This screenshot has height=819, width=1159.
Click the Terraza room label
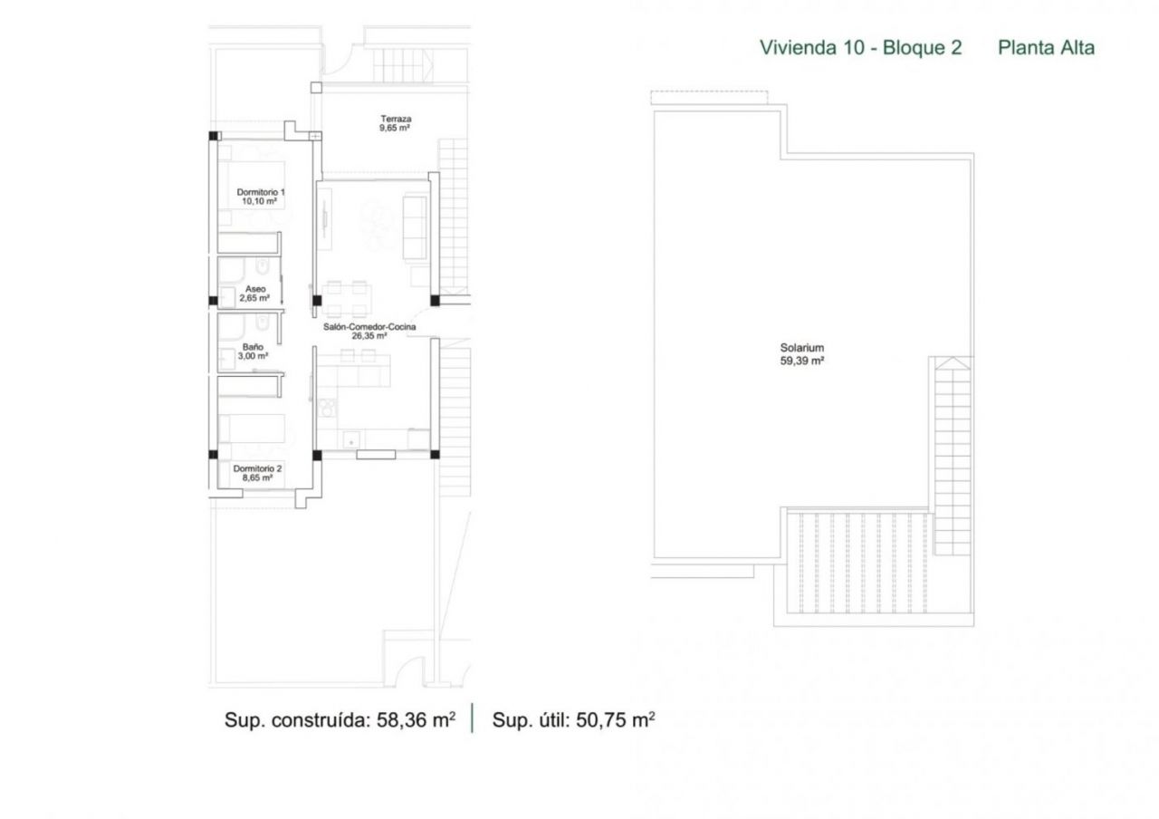(x=396, y=119)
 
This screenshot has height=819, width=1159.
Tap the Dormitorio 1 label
(x=261, y=192)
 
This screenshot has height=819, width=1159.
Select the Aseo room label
(x=255, y=289)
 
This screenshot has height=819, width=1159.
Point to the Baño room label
(x=253, y=347)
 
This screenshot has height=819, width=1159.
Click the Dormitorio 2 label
(x=257, y=468)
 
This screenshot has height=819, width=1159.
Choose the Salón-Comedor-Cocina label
(x=369, y=327)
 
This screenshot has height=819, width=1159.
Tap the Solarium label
(x=802, y=348)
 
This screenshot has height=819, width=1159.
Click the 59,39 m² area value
(x=802, y=361)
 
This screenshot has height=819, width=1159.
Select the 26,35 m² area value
(x=369, y=336)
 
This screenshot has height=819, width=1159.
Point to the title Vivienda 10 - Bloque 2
(x=860, y=48)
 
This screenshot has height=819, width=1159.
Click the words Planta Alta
(x=1046, y=48)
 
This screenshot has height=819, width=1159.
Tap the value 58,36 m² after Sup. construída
(x=416, y=719)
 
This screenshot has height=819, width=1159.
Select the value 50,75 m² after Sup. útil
(x=615, y=719)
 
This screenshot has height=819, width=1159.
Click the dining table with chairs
(x=347, y=299)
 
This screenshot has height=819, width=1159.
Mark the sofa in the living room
(x=415, y=226)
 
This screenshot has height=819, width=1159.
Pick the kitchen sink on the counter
(x=352, y=440)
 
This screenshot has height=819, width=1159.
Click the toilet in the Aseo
(x=263, y=266)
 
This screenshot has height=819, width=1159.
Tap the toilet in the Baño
(x=263, y=323)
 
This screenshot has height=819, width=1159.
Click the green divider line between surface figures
(x=473, y=718)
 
